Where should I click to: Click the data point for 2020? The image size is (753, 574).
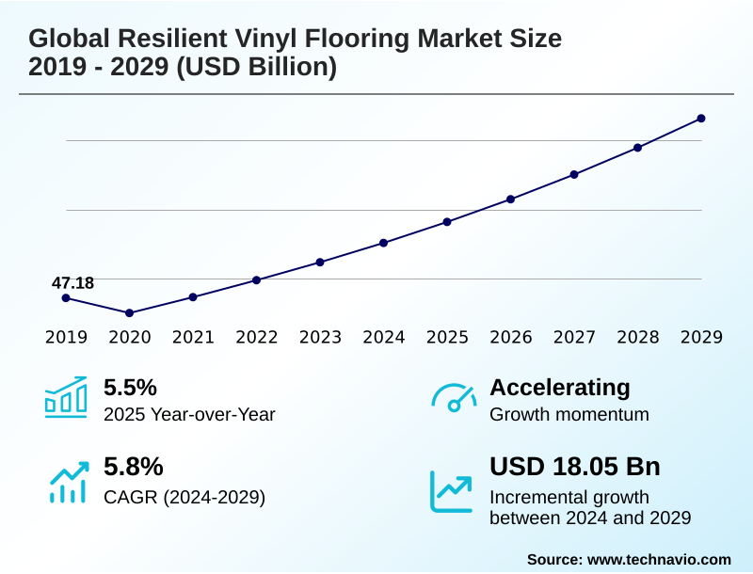click(x=130, y=312)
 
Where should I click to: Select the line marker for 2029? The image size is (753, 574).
click(x=701, y=119)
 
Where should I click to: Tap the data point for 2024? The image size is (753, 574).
click(x=384, y=243)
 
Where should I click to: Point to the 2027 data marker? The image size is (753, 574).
click(x=574, y=174)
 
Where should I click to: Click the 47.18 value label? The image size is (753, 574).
click(x=72, y=282)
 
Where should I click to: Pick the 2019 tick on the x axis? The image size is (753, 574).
click(x=66, y=337)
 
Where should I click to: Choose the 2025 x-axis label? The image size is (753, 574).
click(x=447, y=337)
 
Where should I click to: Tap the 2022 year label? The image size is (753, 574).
click(x=256, y=337)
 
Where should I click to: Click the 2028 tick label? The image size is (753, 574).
click(x=637, y=337)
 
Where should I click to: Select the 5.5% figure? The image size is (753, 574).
click(x=130, y=388)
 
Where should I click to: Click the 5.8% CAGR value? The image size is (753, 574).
click(x=134, y=467)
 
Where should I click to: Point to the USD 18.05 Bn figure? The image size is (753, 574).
click(x=575, y=467)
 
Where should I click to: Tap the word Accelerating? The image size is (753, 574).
click(x=560, y=388)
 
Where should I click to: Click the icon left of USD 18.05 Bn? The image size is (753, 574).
click(x=452, y=490)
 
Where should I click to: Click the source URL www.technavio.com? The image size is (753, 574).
click(x=659, y=559)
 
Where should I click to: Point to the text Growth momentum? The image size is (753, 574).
click(x=569, y=414)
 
